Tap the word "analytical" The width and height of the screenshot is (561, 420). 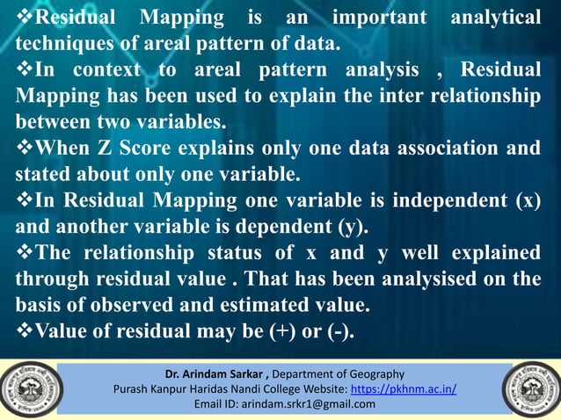coord(495,18)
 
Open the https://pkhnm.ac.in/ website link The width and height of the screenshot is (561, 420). coord(404,388)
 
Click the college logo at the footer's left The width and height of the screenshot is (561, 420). coord(27,388)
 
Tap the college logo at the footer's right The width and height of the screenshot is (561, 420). coord(532,388)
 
